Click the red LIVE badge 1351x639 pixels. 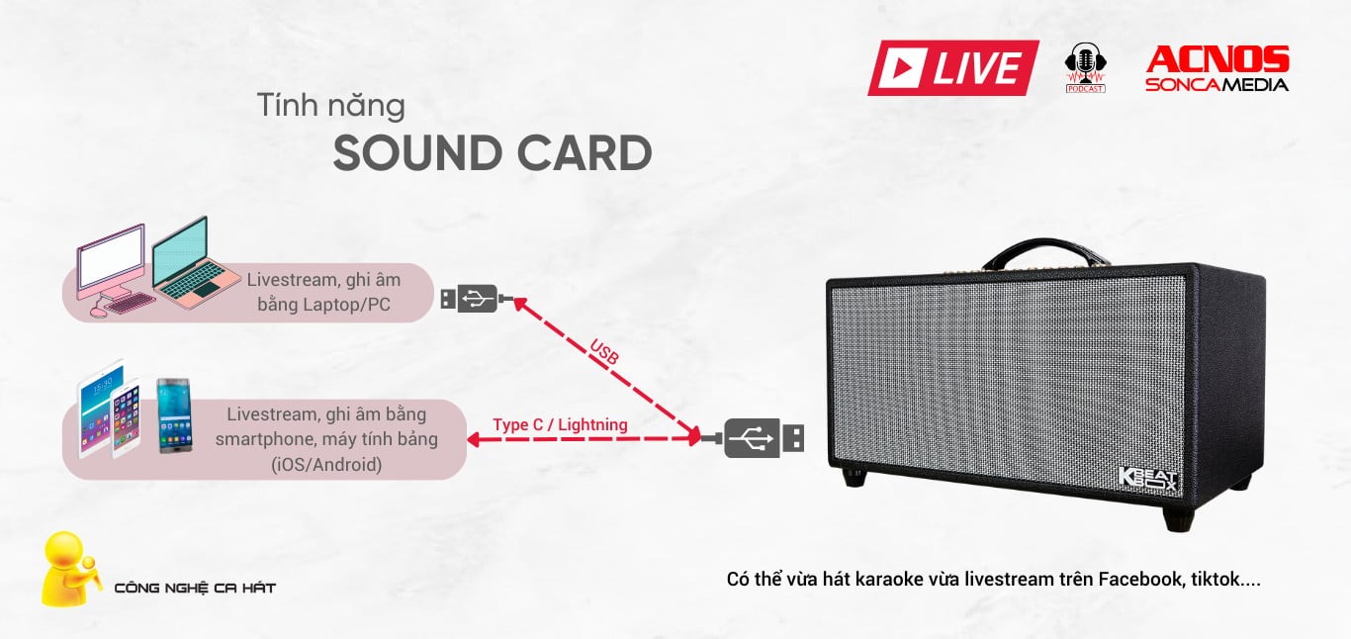tap(953, 67)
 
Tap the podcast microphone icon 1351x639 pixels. tap(1085, 67)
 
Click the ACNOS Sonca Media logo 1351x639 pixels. tap(1217, 68)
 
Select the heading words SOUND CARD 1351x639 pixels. tap(493, 152)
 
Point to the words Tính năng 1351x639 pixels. tap(330, 106)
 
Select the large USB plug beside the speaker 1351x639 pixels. tap(754, 438)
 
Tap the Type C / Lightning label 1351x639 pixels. tap(560, 424)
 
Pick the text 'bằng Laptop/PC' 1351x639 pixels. tap(323, 305)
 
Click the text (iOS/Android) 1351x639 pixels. tap(326, 465)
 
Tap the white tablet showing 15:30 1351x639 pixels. tap(98, 408)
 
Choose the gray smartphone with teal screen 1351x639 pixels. tap(174, 415)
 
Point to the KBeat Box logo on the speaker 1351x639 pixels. tap(1147, 481)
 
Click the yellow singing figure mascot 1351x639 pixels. tap(69, 569)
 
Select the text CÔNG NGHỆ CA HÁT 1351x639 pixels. tap(195, 588)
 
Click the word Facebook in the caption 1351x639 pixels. tap(1140, 580)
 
